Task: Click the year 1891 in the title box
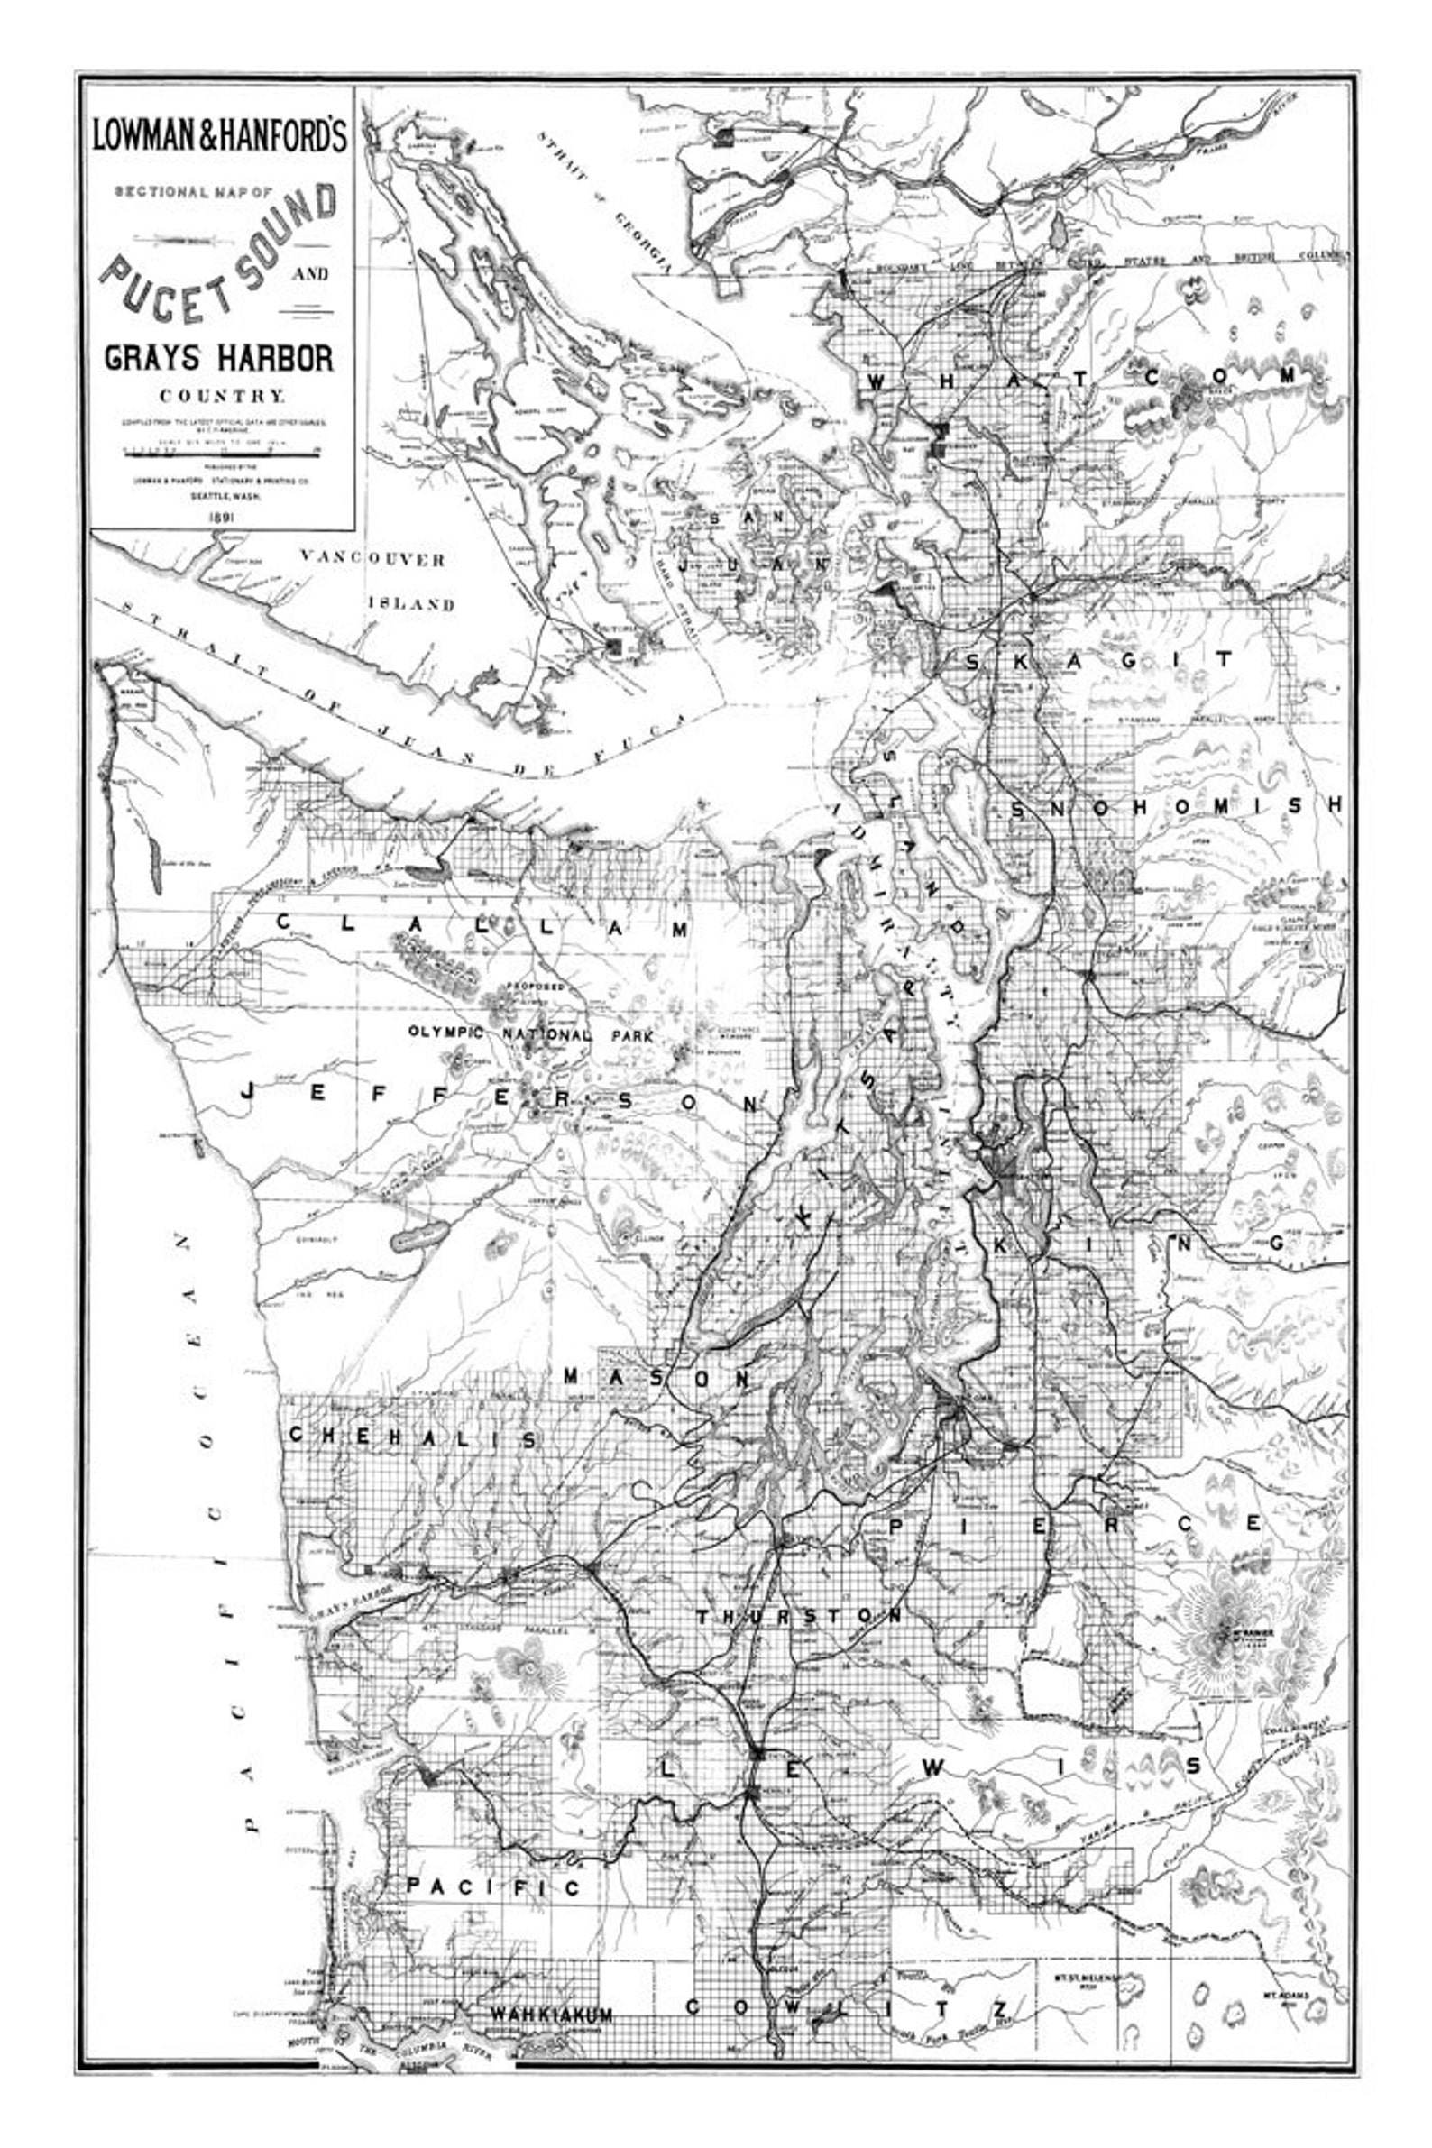(222, 517)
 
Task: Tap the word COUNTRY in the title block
(222, 397)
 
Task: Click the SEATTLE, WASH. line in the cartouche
(224, 497)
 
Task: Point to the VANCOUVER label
(372, 559)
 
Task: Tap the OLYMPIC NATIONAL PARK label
(530, 1035)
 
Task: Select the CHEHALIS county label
(413, 1437)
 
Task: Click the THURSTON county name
(799, 1617)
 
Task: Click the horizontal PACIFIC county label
(493, 1886)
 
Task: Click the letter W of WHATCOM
(876, 381)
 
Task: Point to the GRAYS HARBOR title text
(219, 357)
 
